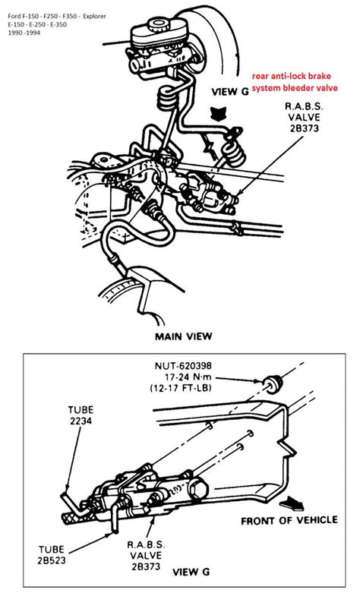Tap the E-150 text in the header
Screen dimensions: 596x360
16,25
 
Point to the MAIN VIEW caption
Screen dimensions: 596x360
183,335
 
